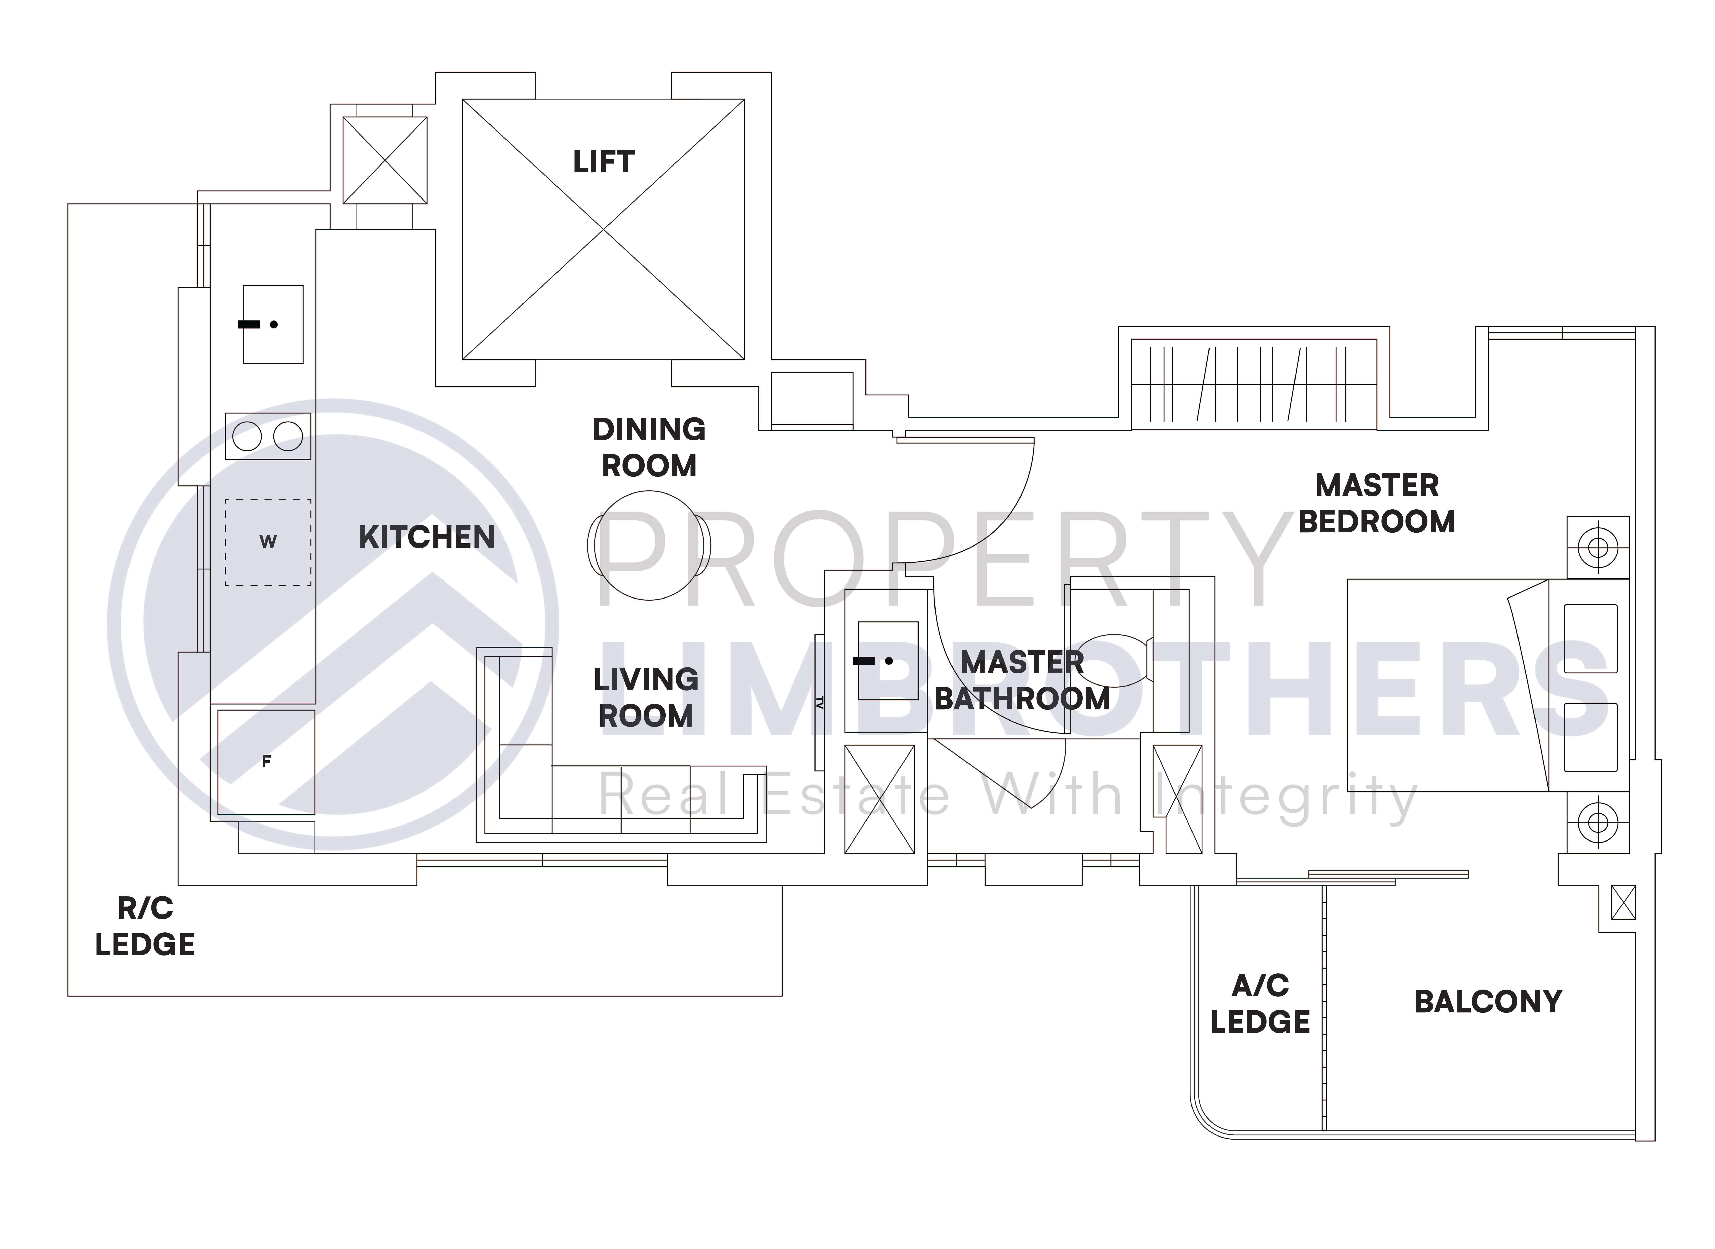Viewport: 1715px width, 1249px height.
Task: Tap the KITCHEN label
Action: pos(427,538)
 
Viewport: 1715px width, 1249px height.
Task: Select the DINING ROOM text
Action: pos(649,448)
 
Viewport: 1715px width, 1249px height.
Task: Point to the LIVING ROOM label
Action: pos(646,697)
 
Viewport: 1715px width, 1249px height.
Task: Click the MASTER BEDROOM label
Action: pos(1376,504)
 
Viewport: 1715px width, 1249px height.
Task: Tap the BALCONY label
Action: pos(1487,1002)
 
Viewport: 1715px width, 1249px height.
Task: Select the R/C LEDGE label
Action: pos(145,926)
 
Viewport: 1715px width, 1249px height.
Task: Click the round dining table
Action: pos(649,545)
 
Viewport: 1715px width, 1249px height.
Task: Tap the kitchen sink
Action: pos(273,324)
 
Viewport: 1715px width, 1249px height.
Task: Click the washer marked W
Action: pos(268,542)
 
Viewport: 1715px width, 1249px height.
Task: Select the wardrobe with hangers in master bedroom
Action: pos(1254,384)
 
